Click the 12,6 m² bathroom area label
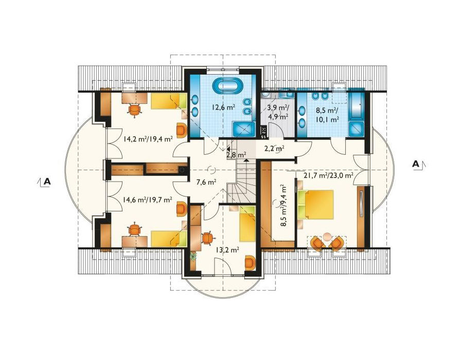(x=223, y=107)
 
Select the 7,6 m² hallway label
(x=207, y=182)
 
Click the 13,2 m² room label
(x=227, y=250)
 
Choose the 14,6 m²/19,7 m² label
(x=147, y=200)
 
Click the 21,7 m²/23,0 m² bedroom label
(x=328, y=175)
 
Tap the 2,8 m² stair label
(x=236, y=155)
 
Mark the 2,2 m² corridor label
(x=274, y=149)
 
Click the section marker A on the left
(x=47, y=182)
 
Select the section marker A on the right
(x=416, y=164)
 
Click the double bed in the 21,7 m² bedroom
(x=315, y=205)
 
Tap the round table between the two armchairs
(x=327, y=237)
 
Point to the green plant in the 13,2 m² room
(x=193, y=256)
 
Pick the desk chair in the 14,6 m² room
(x=134, y=229)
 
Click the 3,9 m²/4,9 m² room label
(x=278, y=112)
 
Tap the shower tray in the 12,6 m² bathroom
(x=244, y=129)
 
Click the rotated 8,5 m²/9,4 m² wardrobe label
(x=284, y=205)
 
